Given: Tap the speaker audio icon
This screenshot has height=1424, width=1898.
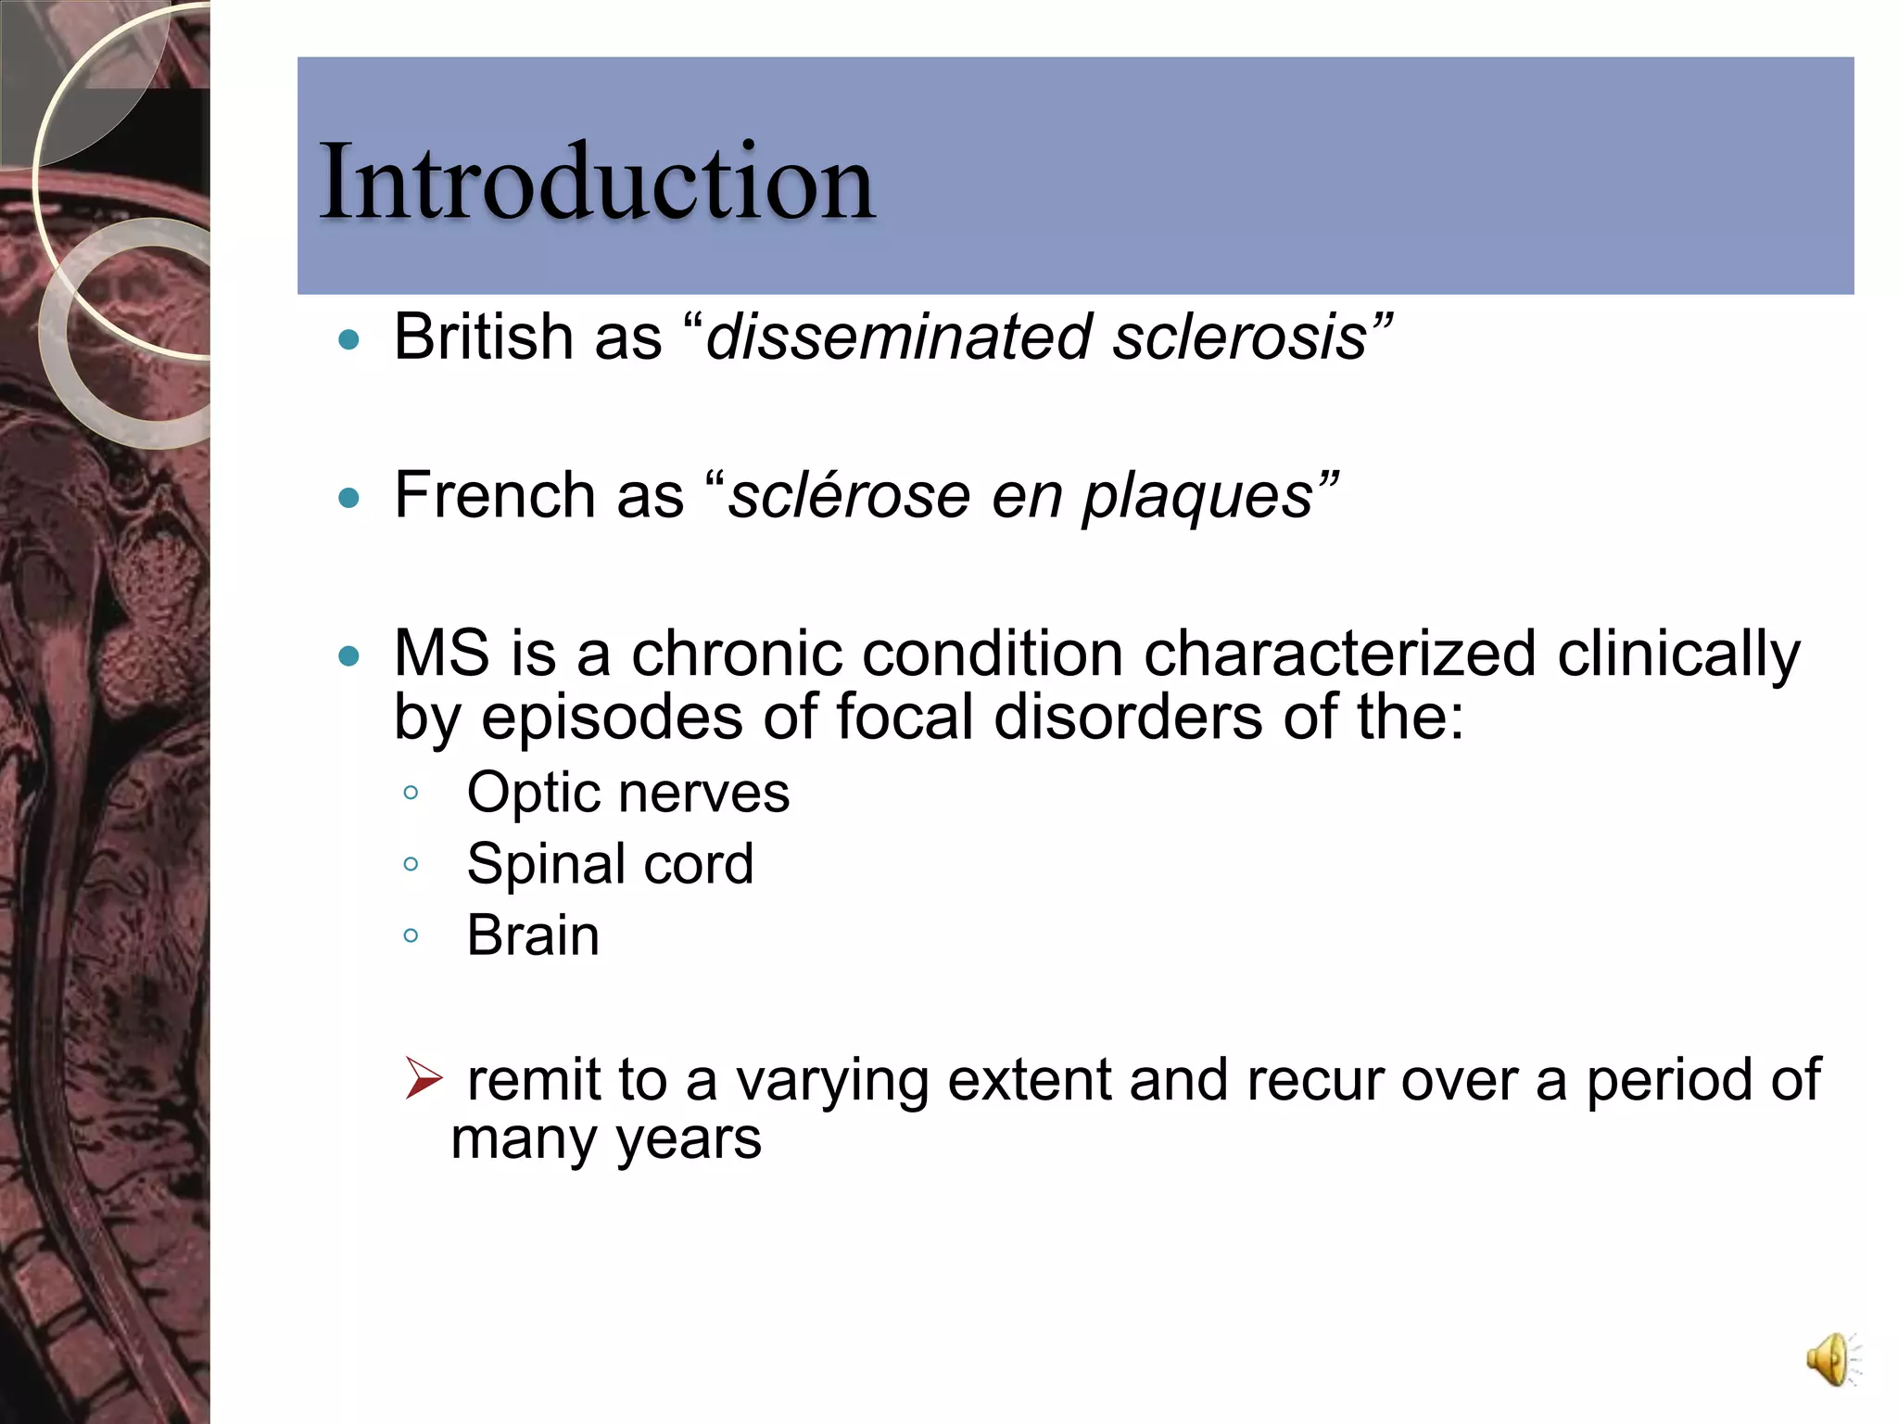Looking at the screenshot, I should [x=1831, y=1359].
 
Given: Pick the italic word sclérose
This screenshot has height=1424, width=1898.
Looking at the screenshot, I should [x=849, y=496].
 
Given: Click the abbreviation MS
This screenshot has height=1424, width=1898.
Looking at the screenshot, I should [x=441, y=653].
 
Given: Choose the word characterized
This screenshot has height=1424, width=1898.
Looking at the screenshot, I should [x=1340, y=653].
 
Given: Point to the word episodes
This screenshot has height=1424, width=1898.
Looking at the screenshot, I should [x=612, y=718].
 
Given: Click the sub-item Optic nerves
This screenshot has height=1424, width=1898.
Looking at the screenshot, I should [x=627, y=793].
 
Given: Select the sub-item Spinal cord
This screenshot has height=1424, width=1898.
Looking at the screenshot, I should [x=610, y=864].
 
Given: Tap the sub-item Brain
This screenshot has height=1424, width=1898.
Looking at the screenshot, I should [x=533, y=934].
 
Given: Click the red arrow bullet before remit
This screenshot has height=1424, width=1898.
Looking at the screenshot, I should [x=424, y=1078].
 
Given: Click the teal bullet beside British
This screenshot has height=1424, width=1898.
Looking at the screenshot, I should [x=348, y=340].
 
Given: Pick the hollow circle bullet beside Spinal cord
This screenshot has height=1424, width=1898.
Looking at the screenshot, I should [x=411, y=864].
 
